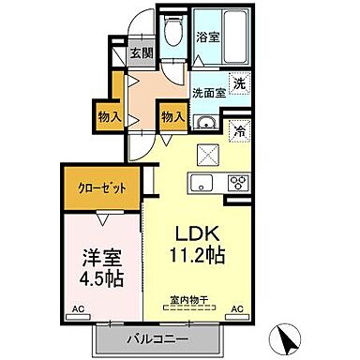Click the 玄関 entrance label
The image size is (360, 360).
tap(141, 52)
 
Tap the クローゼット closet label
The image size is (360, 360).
tap(100, 187)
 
